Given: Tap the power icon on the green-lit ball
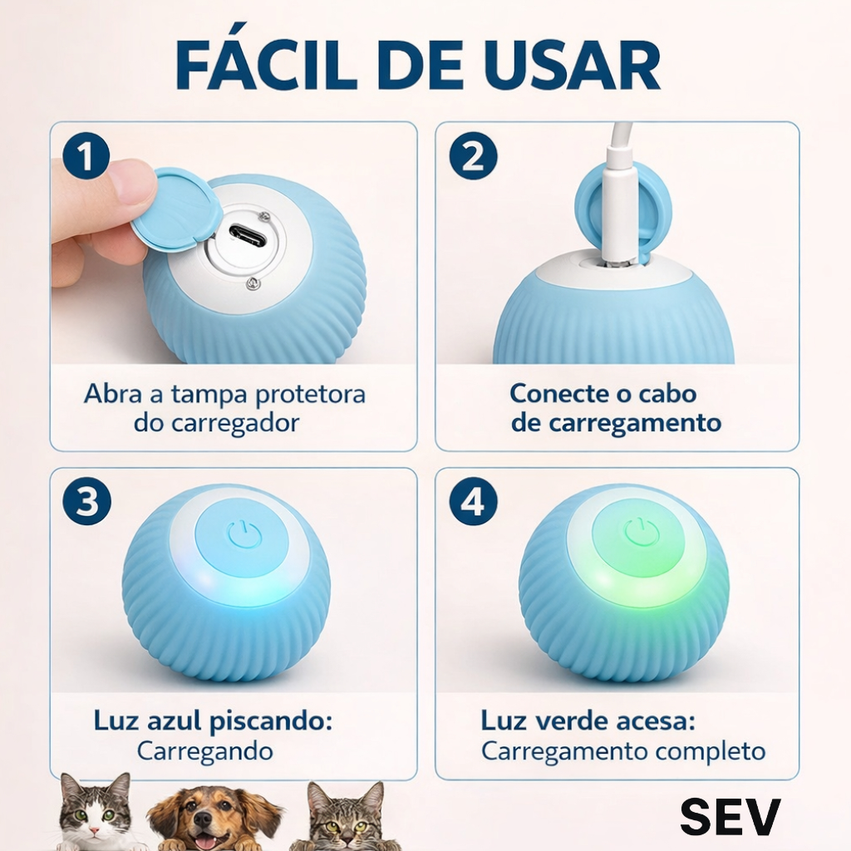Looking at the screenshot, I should click(641, 532).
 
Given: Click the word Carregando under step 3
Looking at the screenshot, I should click(205, 751).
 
